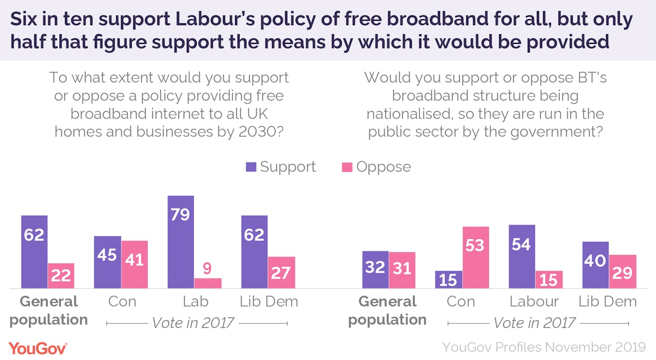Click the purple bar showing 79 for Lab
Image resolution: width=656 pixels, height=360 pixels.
[180, 242]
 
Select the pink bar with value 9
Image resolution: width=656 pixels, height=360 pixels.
[207, 283]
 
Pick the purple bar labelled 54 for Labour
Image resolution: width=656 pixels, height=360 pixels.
[521, 256]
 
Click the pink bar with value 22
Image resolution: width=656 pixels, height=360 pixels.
[61, 276]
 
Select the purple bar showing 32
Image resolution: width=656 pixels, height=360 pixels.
[375, 270]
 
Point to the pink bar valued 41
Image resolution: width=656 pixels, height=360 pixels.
[134, 265]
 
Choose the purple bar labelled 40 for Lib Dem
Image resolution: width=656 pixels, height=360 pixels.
[595, 265]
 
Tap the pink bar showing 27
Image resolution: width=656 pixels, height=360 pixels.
[281, 273]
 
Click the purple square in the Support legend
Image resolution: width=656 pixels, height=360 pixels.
[251, 167]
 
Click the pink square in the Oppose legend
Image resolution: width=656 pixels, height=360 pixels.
[347, 167]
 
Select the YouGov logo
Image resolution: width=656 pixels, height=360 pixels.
[38, 347]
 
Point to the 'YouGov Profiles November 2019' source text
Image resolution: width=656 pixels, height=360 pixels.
[543, 347]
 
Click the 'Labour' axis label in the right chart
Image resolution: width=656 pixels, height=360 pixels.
[534, 301]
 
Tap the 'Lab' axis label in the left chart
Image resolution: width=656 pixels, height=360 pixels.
[195, 301]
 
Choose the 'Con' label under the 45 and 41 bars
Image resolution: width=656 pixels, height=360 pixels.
[122, 301]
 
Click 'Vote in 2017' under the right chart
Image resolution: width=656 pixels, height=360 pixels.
[534, 322]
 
